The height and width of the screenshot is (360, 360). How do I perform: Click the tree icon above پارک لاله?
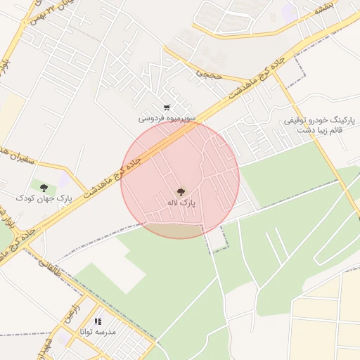click(x=181, y=191)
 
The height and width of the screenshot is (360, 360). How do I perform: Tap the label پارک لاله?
click(x=181, y=202)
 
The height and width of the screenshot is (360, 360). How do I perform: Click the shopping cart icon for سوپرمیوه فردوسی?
click(x=166, y=108)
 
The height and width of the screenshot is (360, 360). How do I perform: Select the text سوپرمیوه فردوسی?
click(x=166, y=119)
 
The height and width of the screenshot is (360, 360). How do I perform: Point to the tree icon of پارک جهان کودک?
click(x=44, y=188)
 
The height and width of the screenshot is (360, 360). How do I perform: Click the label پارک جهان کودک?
click(x=44, y=199)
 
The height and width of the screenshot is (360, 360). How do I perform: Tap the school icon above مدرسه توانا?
click(x=98, y=321)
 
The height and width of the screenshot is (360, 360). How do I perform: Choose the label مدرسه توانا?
click(x=98, y=331)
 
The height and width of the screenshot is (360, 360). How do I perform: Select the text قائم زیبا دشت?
click(x=320, y=131)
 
